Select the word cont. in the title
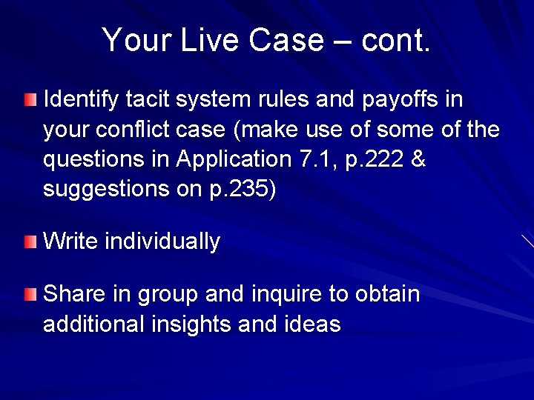pos(395,40)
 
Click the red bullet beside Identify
pos(29,99)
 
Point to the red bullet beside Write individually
pos(29,241)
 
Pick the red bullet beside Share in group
pos(29,295)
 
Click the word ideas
pos(311,325)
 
